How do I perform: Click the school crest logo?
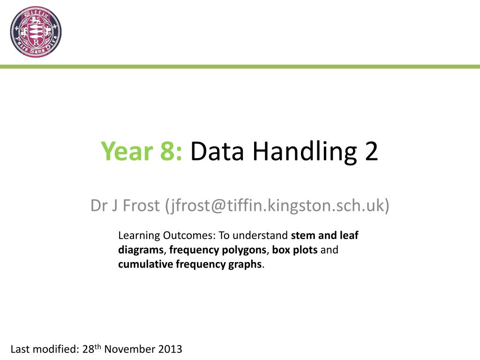click(36, 32)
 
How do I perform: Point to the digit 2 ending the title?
click(370, 151)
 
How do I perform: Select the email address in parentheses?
click(277, 205)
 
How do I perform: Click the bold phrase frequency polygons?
click(217, 250)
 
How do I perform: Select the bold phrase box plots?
click(294, 250)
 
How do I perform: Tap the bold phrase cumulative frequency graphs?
click(190, 264)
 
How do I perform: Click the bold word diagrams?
click(140, 250)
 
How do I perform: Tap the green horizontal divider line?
click(240, 67)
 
